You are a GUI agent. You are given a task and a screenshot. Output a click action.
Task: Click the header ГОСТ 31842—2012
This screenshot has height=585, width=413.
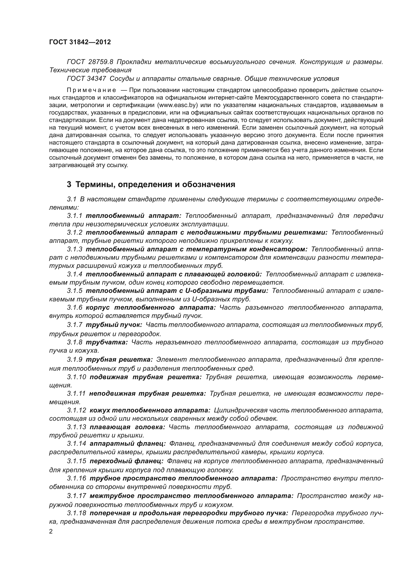[80, 42]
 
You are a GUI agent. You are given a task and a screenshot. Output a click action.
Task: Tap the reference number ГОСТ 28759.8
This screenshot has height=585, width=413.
[90, 62]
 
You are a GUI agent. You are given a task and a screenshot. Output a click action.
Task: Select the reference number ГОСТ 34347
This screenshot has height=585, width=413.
[86, 79]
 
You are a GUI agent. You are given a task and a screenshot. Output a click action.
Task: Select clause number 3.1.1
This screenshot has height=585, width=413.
[74, 216]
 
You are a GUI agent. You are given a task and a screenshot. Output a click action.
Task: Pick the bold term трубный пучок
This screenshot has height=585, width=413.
[114, 325]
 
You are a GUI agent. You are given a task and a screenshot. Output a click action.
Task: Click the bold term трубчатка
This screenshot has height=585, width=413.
[107, 342]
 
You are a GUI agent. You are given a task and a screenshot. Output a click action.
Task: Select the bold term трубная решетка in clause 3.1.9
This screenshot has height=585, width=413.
[119, 359]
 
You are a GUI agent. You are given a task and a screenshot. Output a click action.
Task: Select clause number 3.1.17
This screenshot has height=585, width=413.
[77, 496]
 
